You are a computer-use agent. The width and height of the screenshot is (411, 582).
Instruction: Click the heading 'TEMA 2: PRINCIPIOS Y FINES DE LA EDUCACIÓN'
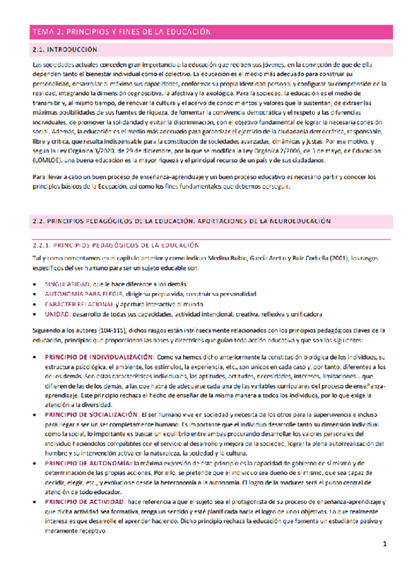click(x=122, y=32)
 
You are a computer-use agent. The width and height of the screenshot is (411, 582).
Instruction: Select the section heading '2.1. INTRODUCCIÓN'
click(x=65, y=51)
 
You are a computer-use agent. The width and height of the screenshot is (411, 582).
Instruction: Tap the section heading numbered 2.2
click(x=181, y=222)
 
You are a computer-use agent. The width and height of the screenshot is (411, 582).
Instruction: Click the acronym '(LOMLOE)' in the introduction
click(x=49, y=160)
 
